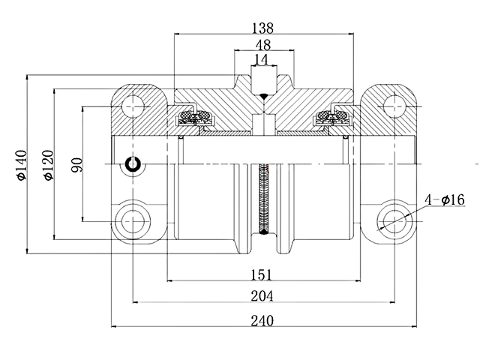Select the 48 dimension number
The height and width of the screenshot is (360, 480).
[263, 44]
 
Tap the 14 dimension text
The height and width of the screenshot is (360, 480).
[262, 59]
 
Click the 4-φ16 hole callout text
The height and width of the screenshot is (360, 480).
[445, 199]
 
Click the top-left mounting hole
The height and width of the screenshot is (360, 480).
[136, 105]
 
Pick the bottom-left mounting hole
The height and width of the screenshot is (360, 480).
[136, 221]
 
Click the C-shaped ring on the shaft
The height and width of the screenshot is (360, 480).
[134, 164]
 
